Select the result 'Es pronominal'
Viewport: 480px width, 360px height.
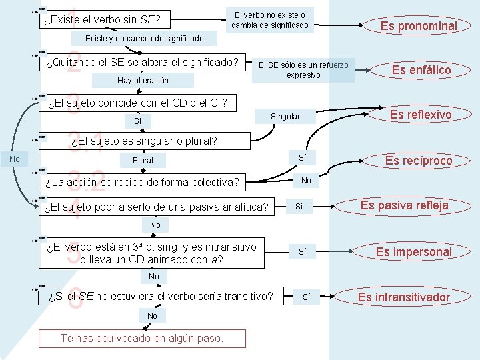click(418, 26)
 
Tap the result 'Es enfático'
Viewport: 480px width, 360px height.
click(421, 70)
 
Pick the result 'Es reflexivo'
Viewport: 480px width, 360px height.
click(421, 115)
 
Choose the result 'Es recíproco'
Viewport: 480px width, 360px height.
click(419, 161)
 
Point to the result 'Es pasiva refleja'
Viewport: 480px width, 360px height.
click(405, 205)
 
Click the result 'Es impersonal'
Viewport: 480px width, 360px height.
click(413, 251)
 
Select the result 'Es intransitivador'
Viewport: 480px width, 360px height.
click(404, 297)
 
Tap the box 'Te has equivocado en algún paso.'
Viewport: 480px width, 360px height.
click(142, 338)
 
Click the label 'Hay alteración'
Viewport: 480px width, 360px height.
click(143, 81)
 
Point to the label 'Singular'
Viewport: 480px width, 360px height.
click(285, 117)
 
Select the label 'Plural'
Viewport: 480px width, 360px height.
click(143, 161)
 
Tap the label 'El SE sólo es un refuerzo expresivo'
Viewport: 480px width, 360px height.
click(303, 70)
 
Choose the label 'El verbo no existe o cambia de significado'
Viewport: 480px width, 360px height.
click(270, 20)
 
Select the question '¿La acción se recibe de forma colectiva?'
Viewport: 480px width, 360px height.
click(141, 183)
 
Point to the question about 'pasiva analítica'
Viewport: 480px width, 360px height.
click(155, 207)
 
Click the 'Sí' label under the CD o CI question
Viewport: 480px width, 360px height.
click(138, 122)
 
